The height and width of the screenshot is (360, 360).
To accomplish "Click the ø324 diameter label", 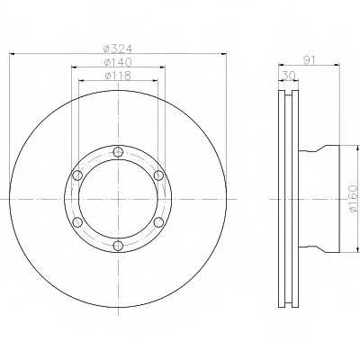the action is click(118, 49).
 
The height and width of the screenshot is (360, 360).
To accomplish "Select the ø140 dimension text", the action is click(118, 62).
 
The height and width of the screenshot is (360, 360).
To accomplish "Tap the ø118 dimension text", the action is click(118, 76).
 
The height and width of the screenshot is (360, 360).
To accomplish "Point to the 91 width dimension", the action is click(309, 60).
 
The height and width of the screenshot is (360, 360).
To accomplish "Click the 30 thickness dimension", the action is click(289, 76).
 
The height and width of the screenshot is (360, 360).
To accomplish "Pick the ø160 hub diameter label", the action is click(354, 199).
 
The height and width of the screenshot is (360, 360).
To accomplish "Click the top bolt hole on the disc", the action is click(119, 152).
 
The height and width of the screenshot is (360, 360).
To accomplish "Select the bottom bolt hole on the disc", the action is click(119, 246).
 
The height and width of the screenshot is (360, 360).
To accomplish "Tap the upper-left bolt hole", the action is click(77, 175).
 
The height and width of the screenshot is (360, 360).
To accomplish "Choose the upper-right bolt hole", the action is click(158, 175).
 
